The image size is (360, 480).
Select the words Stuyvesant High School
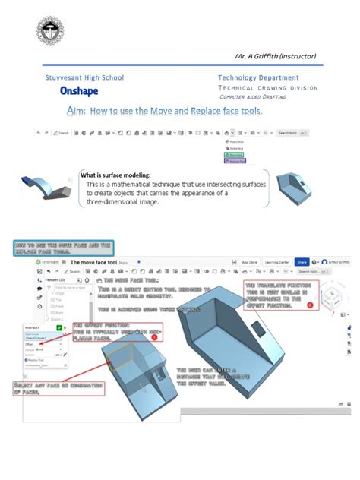pos(84,77)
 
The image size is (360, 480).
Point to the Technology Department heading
pos(258,77)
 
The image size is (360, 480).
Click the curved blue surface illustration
pos(48,186)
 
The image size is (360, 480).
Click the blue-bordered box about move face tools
pos(63,247)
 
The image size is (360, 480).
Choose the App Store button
pos(239,261)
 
